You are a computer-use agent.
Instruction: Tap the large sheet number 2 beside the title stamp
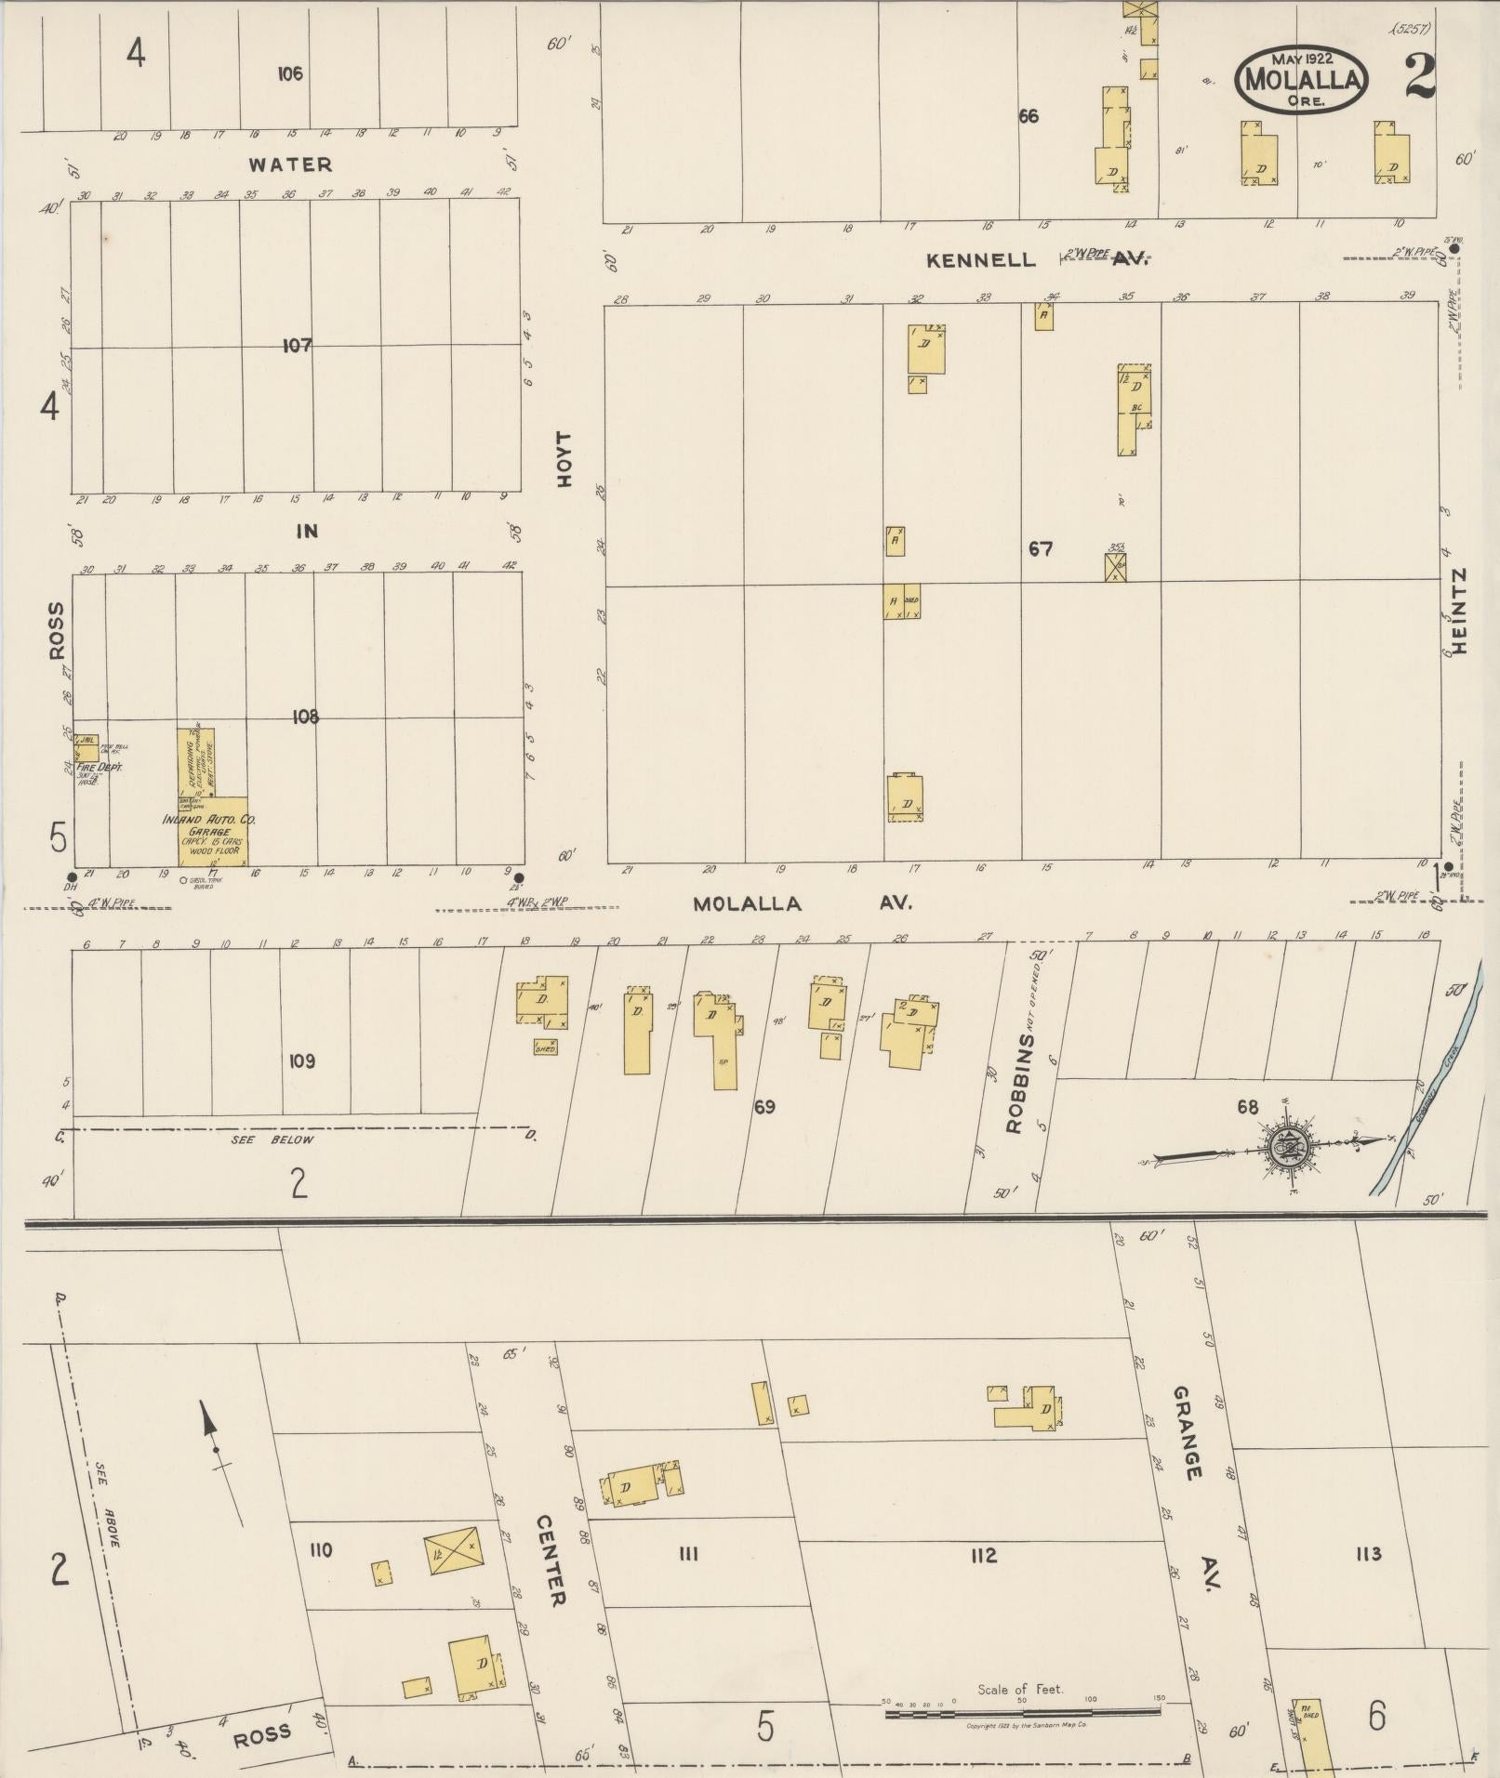[x=1420, y=76]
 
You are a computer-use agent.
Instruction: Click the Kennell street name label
[x=980, y=260]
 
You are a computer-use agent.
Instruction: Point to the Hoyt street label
[x=563, y=457]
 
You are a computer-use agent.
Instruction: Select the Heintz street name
[x=1457, y=611]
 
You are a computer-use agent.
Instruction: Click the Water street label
[x=290, y=165]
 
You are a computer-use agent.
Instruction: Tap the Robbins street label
[x=1015, y=1084]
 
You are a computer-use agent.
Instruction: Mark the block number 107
[x=298, y=346]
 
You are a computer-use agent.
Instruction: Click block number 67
[x=1041, y=549]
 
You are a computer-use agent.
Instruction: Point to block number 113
[x=1369, y=1553]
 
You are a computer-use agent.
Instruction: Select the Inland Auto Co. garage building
[x=214, y=831]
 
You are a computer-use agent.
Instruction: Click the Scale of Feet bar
[x=1021, y=1711]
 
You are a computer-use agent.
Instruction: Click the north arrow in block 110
[x=215, y=1461]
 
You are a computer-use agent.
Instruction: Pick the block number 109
[x=302, y=1060]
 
